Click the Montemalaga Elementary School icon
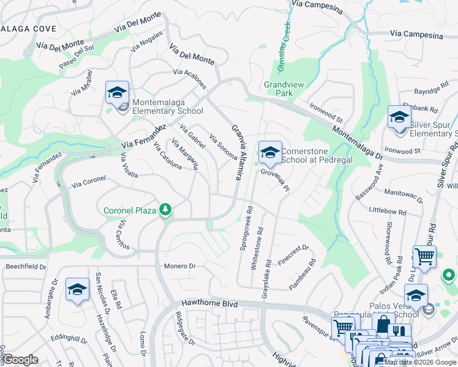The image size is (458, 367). click(x=117, y=92)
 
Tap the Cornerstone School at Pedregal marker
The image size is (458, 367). click(x=269, y=153)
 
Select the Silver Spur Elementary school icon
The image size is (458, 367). click(x=399, y=117)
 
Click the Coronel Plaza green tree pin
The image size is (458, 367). click(x=165, y=210)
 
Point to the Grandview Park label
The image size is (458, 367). click(x=279, y=89)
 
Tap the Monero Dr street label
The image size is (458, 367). click(x=179, y=266)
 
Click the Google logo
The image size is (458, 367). click(x=21, y=360)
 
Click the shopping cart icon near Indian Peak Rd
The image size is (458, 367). click(x=424, y=257)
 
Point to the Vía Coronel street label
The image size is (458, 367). click(x=88, y=182)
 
